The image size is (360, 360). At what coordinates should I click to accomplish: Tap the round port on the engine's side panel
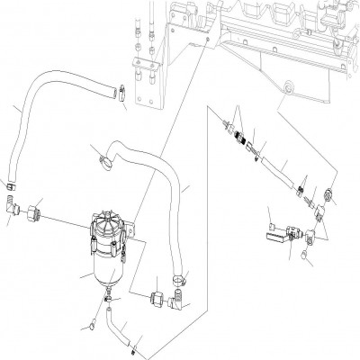[287, 88]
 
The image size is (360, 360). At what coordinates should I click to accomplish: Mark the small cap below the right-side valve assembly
[306, 262]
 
